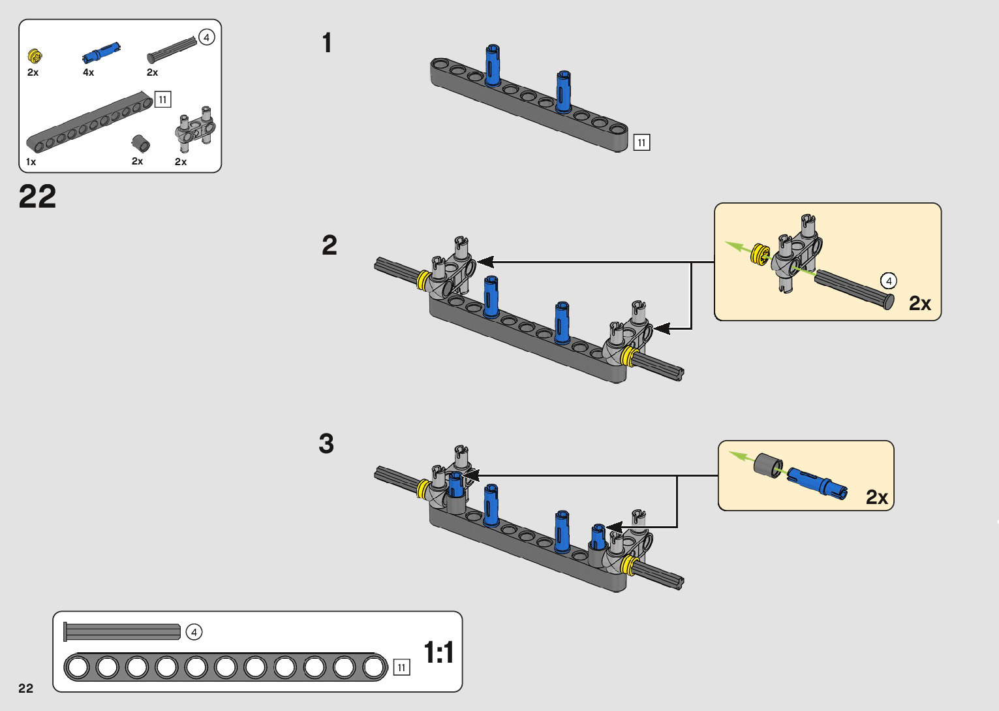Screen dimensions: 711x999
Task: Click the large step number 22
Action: pos(37,197)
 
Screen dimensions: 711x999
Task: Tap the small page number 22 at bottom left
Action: pos(25,688)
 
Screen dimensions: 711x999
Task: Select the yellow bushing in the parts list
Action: pos(35,56)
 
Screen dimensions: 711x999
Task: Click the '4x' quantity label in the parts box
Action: pos(88,72)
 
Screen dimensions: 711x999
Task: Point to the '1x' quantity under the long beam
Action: pos(31,162)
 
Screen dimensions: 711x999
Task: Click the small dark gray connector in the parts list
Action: pos(140,143)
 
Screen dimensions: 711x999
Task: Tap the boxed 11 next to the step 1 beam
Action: pos(641,142)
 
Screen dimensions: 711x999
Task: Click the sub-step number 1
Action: pos(327,43)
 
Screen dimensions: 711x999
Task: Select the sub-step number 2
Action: pos(330,245)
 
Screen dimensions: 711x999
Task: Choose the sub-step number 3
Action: pos(326,444)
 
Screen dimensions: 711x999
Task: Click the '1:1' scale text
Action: pos(438,652)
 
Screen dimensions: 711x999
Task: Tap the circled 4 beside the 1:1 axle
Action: pos(194,632)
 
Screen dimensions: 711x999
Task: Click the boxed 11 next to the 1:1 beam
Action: pos(401,667)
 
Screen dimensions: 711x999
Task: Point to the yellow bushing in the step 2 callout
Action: pos(760,254)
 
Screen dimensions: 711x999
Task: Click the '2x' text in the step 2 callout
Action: pos(919,304)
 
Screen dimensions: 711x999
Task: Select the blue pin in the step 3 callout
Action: pos(816,483)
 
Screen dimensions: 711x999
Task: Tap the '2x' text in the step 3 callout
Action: pos(876,498)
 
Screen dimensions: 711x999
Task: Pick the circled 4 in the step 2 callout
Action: pos(888,281)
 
